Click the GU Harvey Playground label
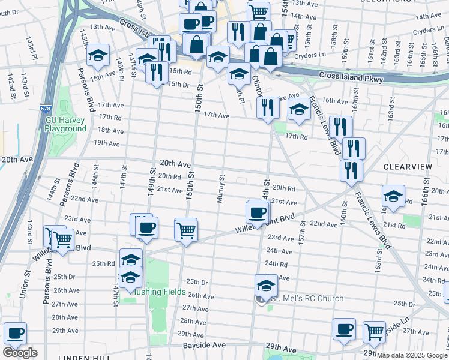click(x=66, y=124)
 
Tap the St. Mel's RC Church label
click(x=306, y=298)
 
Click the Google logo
click(x=20, y=353)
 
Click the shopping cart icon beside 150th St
click(x=186, y=229)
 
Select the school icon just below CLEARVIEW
click(x=393, y=196)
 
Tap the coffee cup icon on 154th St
click(x=258, y=212)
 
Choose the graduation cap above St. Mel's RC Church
click(x=266, y=284)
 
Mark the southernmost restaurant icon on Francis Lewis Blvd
click(x=351, y=169)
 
